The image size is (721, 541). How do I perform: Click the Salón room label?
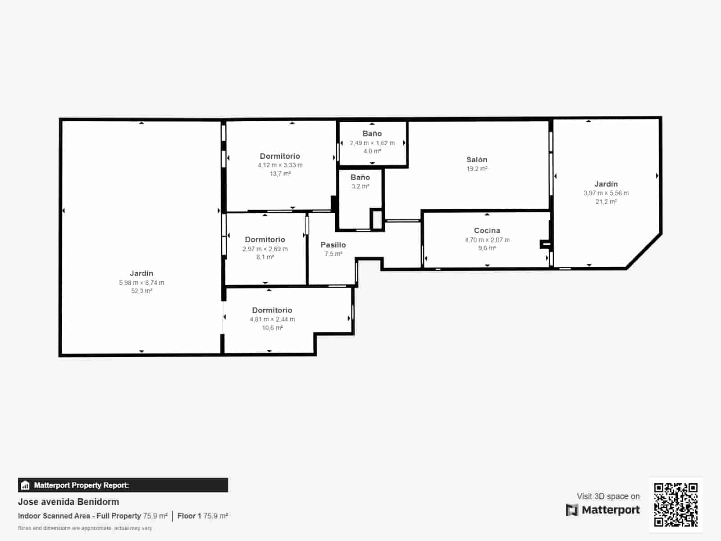coord(477,160)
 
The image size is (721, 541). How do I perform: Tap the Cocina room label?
coord(487,230)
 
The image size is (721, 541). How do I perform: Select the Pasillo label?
coord(333,245)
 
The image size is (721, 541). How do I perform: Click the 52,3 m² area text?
coord(141,291)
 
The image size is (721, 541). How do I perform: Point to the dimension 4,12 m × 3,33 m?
coord(280,165)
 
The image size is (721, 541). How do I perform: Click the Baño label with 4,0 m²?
coord(372,133)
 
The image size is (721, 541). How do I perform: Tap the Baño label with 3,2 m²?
coord(360,177)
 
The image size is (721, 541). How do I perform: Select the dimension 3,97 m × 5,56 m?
coord(606,193)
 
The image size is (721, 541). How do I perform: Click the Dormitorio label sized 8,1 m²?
coord(265,239)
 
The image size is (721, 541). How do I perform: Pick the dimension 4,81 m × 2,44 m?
coord(272,319)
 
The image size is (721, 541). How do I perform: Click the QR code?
coord(675,504)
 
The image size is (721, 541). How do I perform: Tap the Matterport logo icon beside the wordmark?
coord(572,510)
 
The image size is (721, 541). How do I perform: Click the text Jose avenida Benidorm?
coord(68,502)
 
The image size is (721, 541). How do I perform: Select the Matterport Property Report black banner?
coord(123,485)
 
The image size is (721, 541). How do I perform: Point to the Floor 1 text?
coord(189,516)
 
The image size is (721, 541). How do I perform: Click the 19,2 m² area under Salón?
coord(477,169)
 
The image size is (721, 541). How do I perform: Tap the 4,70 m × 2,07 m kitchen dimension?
coord(487,240)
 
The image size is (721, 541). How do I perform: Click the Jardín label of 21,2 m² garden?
coord(606,184)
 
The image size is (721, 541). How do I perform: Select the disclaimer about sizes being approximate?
coord(85,528)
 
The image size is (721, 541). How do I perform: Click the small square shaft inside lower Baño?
coord(376,220)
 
